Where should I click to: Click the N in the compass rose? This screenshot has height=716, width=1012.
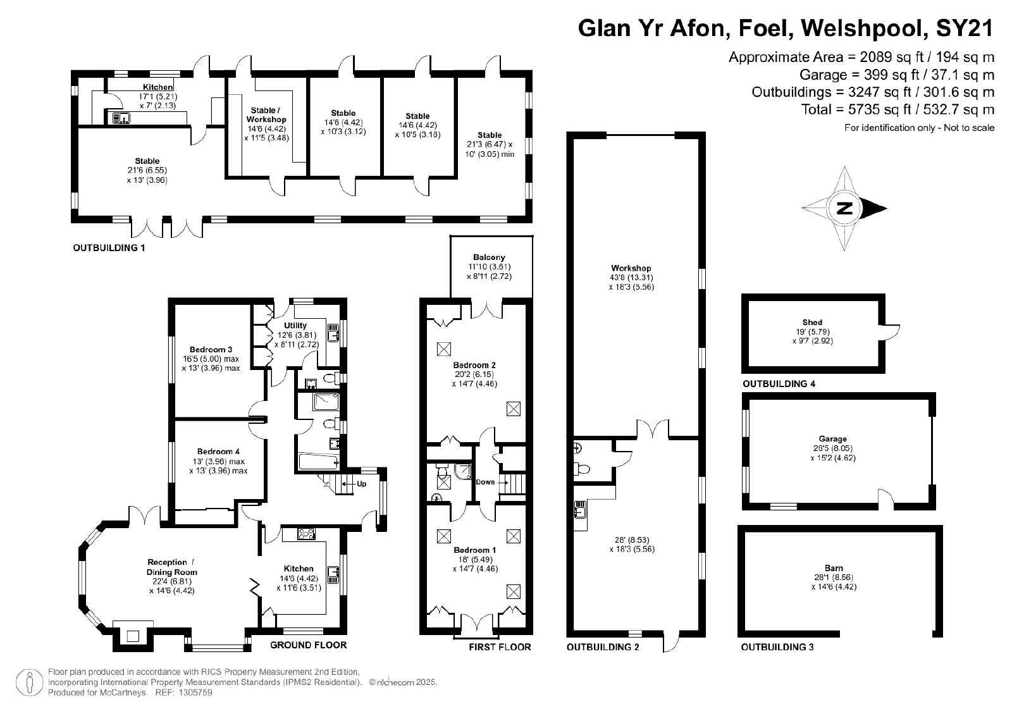(844, 208)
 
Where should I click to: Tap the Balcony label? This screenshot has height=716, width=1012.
(490, 257)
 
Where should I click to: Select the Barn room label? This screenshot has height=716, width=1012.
(834, 568)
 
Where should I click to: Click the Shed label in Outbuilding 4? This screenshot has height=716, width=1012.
(812, 322)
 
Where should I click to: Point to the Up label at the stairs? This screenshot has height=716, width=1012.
(361, 484)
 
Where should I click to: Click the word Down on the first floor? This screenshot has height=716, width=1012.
(485, 482)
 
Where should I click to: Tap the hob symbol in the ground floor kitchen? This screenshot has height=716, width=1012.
(306, 534)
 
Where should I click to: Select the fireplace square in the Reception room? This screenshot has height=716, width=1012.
(132, 636)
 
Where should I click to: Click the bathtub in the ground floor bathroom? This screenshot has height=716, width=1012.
(319, 462)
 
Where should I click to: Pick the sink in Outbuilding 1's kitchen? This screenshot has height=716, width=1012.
(121, 118)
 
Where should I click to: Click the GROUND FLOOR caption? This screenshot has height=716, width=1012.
(309, 645)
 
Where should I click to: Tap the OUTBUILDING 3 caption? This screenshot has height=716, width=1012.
(777, 647)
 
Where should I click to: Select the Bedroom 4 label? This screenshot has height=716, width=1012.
(218, 451)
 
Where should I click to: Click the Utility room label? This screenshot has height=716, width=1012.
(295, 325)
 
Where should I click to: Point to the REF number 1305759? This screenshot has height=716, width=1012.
(195, 693)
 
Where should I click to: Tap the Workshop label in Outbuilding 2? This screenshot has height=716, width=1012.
(631, 268)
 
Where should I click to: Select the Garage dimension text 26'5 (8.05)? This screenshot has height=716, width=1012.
(832, 448)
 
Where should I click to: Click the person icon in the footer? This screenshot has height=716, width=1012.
(29, 682)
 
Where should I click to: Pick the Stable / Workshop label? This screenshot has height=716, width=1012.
(266, 114)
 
